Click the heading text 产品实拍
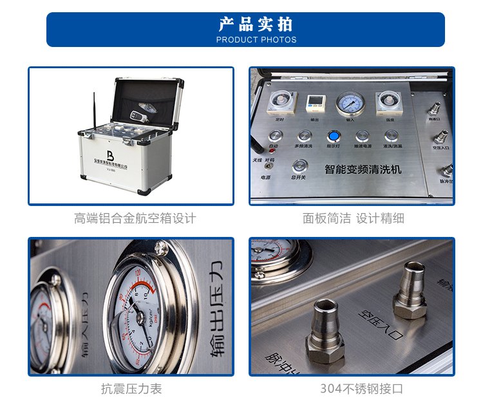point(256,24)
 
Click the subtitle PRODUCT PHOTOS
point(256,40)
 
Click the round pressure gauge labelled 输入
point(350,103)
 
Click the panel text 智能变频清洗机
point(363,169)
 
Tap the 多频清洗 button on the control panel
point(305,136)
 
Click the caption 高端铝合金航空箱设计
point(135,218)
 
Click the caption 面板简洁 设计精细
point(354,218)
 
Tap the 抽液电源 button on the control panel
point(363,136)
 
